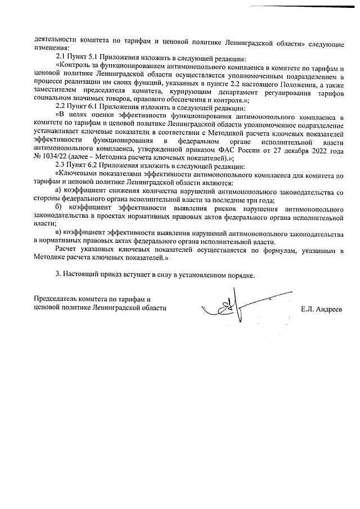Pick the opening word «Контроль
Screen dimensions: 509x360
pyautogui.click(x=75, y=67)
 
